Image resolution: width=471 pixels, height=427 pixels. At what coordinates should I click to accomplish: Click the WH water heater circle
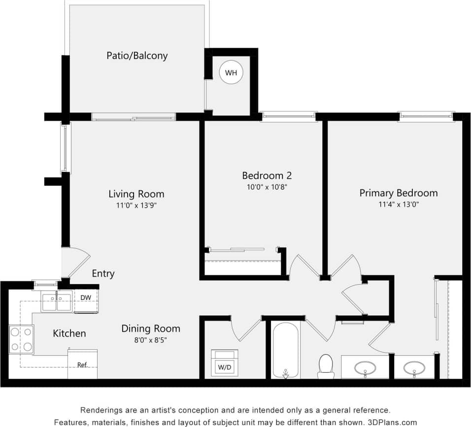click(x=231, y=73)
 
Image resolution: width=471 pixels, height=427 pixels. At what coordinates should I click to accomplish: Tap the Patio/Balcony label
click(x=137, y=56)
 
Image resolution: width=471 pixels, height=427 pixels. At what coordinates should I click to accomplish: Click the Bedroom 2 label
click(x=263, y=175)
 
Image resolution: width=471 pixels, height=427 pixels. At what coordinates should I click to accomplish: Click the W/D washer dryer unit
click(x=224, y=361)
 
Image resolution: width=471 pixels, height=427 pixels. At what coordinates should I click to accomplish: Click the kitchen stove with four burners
click(x=21, y=339)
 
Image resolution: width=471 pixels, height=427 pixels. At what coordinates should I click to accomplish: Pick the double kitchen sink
click(x=57, y=301)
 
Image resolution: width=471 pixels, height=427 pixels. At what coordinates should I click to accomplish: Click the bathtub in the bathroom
click(x=285, y=350)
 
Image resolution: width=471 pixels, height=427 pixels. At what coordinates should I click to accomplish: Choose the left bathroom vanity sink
click(x=365, y=367)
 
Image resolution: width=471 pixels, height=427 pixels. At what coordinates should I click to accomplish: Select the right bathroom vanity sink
click(x=414, y=367)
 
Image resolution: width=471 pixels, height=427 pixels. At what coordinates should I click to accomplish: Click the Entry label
click(x=103, y=273)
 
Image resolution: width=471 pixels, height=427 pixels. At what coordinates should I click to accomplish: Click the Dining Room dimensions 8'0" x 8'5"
click(x=151, y=340)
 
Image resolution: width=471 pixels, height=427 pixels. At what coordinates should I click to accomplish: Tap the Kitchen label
click(x=69, y=333)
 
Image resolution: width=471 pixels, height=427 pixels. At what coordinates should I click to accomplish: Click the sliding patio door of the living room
click(x=133, y=117)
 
